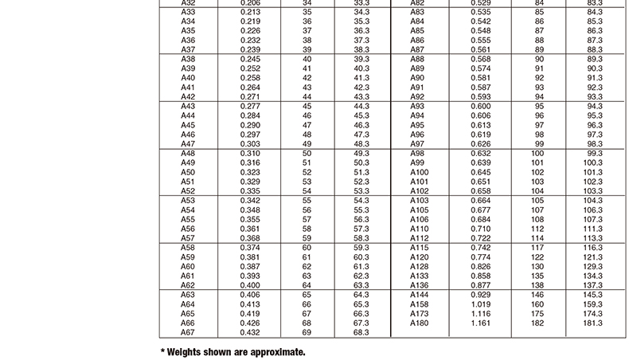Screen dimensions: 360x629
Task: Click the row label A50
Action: [x=188, y=172]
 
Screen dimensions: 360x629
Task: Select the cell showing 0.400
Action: [x=250, y=285]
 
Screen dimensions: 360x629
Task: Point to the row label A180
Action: [x=419, y=323]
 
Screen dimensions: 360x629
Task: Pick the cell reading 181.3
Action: [x=594, y=323]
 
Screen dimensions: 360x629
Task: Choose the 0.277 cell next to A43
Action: [x=250, y=106]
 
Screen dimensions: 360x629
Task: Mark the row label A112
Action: [x=419, y=238]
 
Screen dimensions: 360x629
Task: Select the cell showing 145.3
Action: [x=594, y=295]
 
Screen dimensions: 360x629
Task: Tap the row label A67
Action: [x=188, y=332]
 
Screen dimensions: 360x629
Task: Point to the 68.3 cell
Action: [x=361, y=332]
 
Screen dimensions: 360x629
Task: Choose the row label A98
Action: [x=417, y=153]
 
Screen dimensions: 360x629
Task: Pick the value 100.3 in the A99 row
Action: [x=594, y=162]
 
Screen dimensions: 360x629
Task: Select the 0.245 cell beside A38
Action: [x=250, y=59]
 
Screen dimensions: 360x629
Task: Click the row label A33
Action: [x=188, y=12]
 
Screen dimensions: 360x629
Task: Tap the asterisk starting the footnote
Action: [x=162, y=350]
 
